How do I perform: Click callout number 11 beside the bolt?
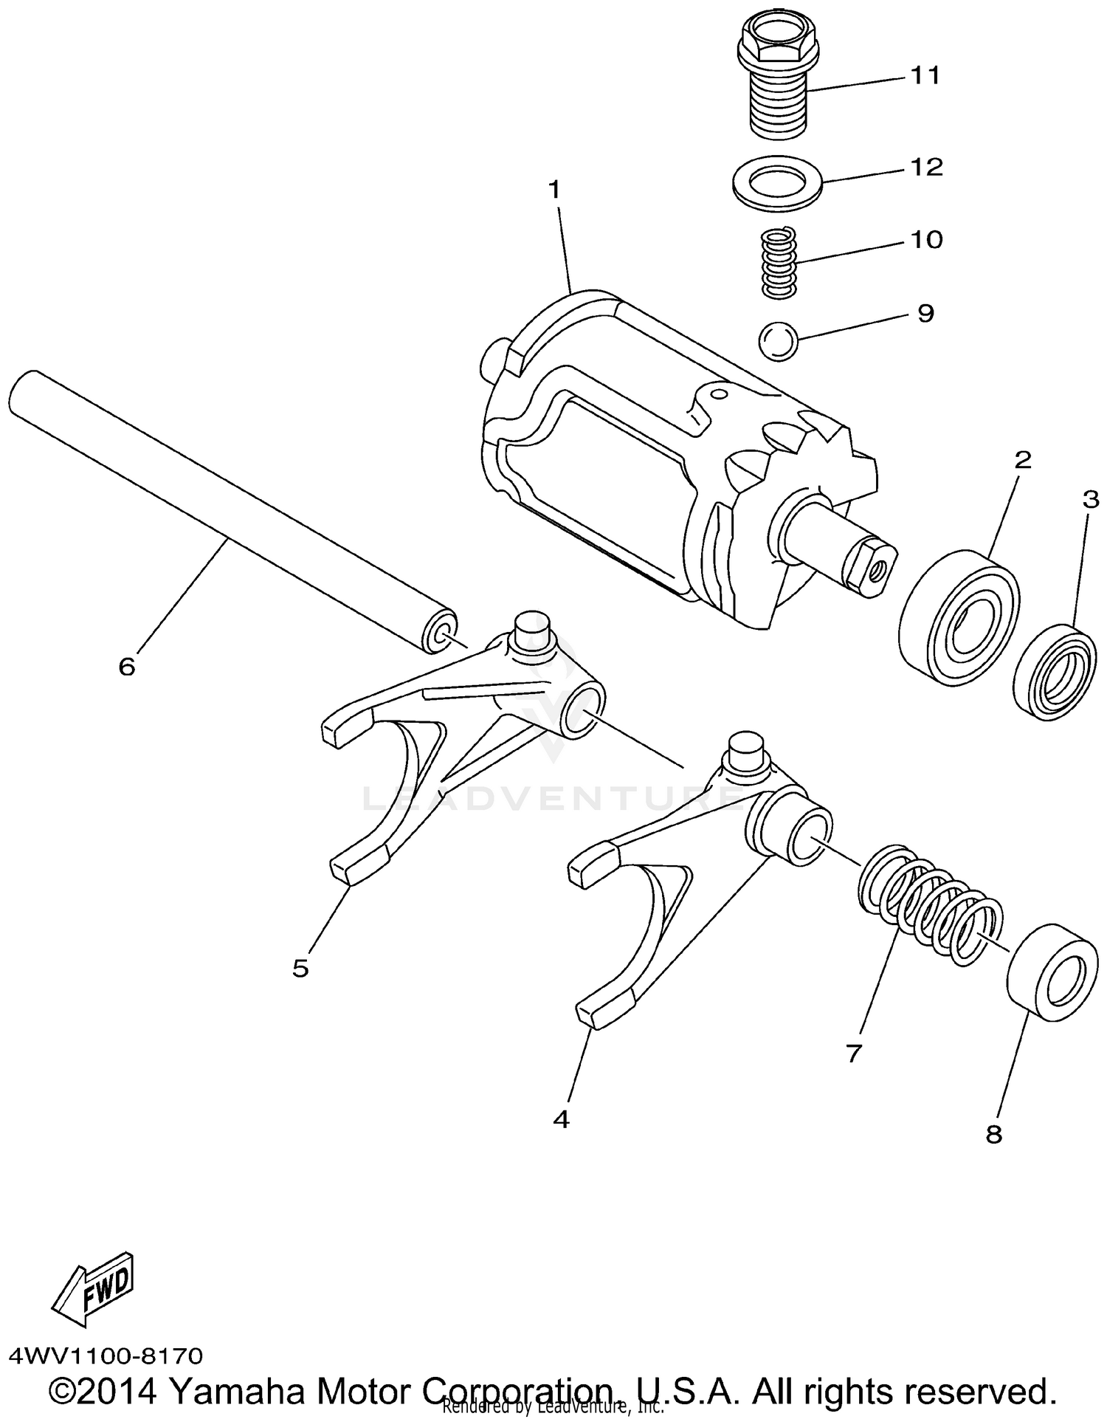tap(925, 75)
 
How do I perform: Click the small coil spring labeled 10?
tap(779, 263)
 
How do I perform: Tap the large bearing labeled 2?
tap(959, 617)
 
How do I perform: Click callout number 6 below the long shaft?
tap(127, 667)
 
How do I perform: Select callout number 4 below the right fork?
tap(561, 1120)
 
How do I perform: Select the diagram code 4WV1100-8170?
tap(105, 1356)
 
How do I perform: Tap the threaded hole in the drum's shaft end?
tap(877, 568)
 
